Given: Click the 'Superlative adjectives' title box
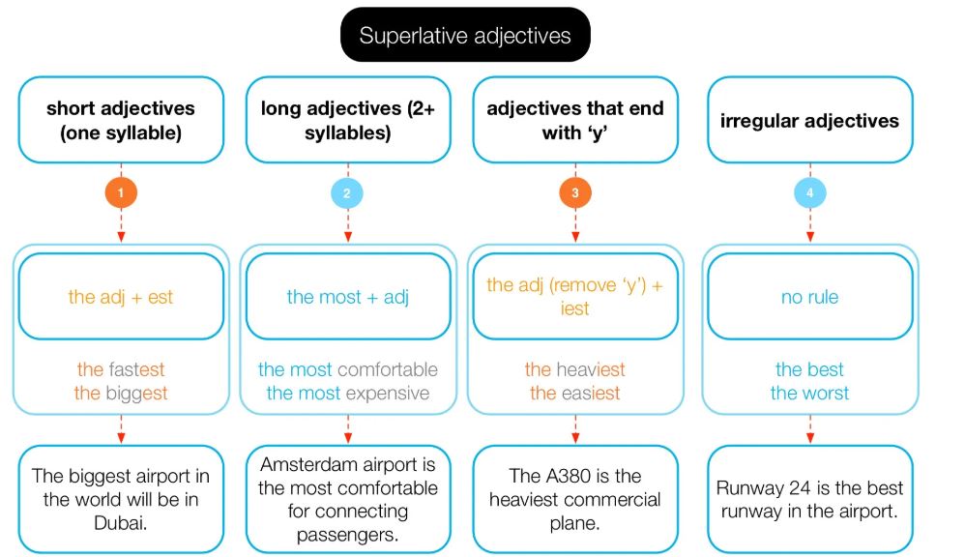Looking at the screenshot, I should coord(464,36).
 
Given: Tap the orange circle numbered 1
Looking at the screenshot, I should coord(120,192).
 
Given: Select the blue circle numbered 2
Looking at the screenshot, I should coord(347,192).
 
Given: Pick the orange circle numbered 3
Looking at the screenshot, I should coord(574,192).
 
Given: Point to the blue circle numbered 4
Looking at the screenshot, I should coord(809,192).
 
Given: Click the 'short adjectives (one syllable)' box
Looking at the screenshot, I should coord(120,121).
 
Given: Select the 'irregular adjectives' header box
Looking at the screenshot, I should coord(809,121).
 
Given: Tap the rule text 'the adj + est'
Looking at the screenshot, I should coord(120,297).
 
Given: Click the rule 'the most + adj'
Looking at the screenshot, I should coord(347,297).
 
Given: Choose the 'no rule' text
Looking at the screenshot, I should coord(809,297).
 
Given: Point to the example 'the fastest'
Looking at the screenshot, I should coord(121,369).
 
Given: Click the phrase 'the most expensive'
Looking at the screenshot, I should coord(347,393).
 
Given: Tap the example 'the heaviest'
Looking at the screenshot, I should coord(574,369).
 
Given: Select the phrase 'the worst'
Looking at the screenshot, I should coord(809,393).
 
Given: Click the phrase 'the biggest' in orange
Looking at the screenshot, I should coord(121,393).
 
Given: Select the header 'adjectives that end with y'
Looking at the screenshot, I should coord(574,121).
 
